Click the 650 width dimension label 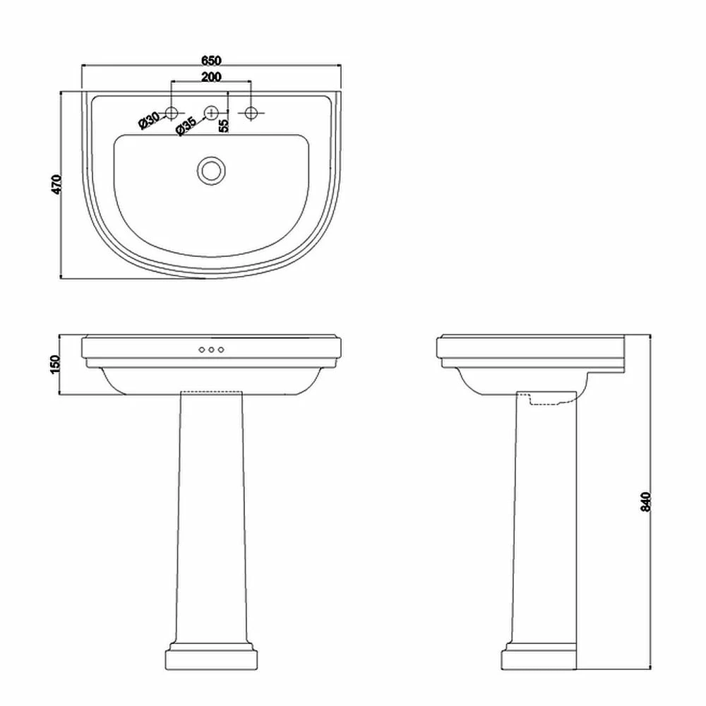point(212,60)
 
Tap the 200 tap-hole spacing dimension point(212,77)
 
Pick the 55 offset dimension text point(224,125)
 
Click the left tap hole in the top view point(171,112)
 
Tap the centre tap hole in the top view point(211,112)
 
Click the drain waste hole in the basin point(211,170)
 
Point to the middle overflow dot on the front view point(211,350)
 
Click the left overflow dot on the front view point(201,350)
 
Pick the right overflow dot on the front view point(221,350)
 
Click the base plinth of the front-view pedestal point(211,657)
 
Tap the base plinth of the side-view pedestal point(539,657)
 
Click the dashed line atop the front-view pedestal point(211,391)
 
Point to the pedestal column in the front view point(211,515)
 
